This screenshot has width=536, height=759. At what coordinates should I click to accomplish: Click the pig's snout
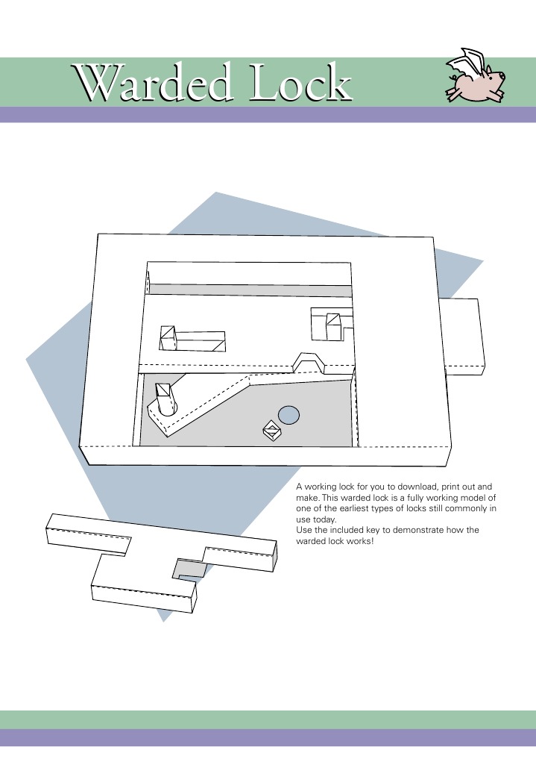pos(502,76)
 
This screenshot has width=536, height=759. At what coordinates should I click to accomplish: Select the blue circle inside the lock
pos(289,414)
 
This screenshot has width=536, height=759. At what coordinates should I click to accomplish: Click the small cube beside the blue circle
pos(271,430)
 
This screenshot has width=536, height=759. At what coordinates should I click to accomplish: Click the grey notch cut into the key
pos(190,569)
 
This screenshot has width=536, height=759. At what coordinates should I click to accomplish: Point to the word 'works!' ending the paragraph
pos(358,540)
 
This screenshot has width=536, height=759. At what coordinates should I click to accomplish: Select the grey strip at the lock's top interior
pos(250,290)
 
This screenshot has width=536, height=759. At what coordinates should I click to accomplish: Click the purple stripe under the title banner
pos(268,114)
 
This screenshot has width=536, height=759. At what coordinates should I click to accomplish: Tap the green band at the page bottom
pos(268,719)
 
